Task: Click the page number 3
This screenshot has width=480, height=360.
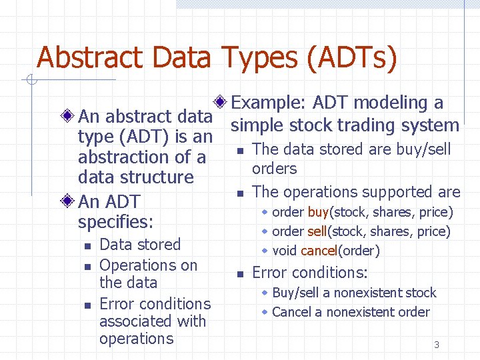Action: [x=437, y=345]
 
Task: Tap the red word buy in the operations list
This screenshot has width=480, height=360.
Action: [x=319, y=213]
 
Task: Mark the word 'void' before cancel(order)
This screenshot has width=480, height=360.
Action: [x=285, y=251]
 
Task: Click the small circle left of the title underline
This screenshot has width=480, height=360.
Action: [x=29, y=81]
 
